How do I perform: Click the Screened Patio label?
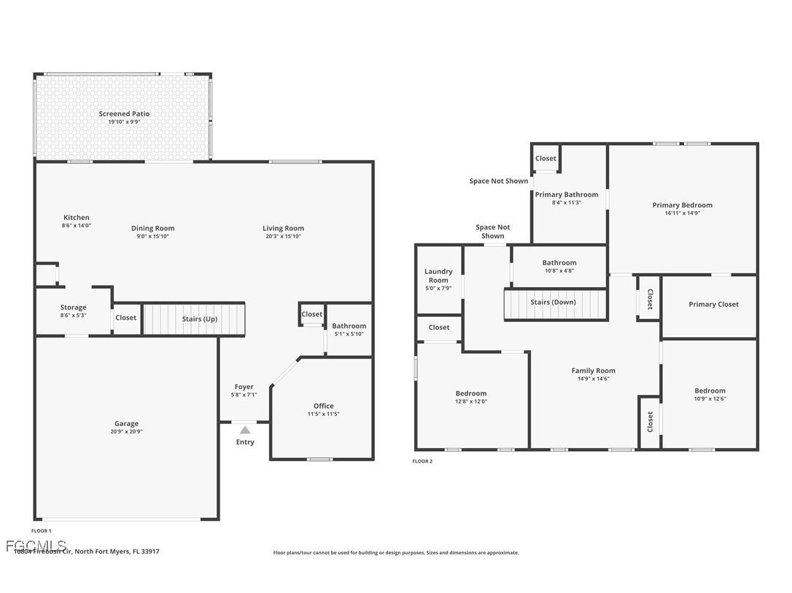pyautogui.click(x=124, y=114)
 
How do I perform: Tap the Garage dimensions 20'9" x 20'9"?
pyautogui.click(x=126, y=432)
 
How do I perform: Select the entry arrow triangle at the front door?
pyautogui.click(x=245, y=430)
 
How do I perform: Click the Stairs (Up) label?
pyautogui.click(x=199, y=319)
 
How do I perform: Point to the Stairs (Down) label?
pyautogui.click(x=553, y=302)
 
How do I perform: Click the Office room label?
pyautogui.click(x=323, y=406)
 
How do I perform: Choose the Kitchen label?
pyautogui.click(x=77, y=217)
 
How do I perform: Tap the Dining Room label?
pyautogui.click(x=152, y=228)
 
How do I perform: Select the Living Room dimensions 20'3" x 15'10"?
pyautogui.click(x=283, y=236)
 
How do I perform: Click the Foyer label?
pyautogui.click(x=244, y=387)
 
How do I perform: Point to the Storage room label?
pyautogui.click(x=73, y=307)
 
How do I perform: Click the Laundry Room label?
pyautogui.click(x=438, y=275)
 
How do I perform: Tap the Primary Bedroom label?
pyautogui.click(x=682, y=205)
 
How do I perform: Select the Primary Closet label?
pyautogui.click(x=713, y=305)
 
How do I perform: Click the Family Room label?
pyautogui.click(x=593, y=371)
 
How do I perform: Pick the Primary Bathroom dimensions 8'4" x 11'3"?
pyautogui.click(x=566, y=203)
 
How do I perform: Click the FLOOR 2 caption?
pyautogui.click(x=422, y=461)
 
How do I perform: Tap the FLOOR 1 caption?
pyautogui.click(x=41, y=531)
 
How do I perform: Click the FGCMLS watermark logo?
pyautogui.click(x=36, y=545)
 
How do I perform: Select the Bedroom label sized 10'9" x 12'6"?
pyautogui.click(x=710, y=390)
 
